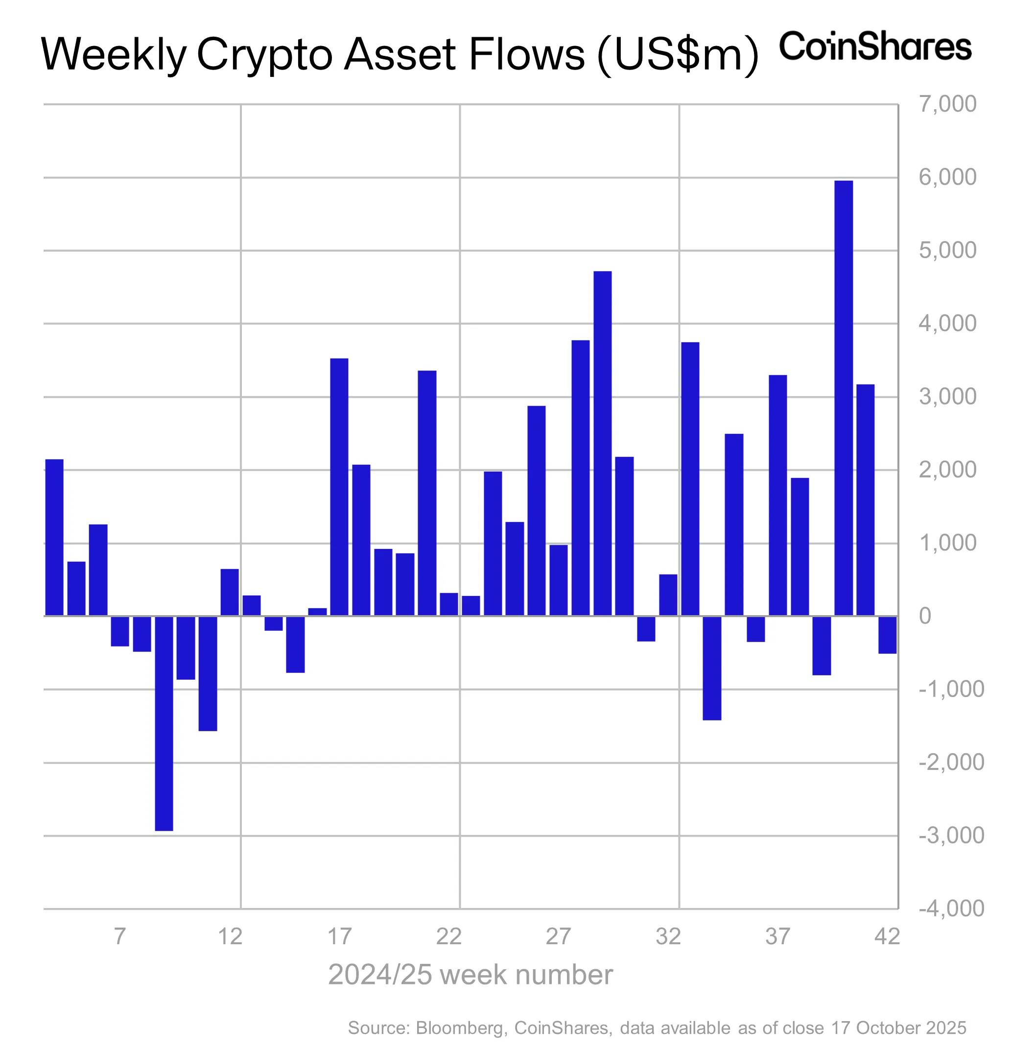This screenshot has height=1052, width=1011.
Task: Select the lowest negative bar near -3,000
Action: click(x=164, y=723)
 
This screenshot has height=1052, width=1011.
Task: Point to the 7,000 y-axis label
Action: click(x=948, y=104)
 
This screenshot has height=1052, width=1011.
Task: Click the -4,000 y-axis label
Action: click(x=951, y=908)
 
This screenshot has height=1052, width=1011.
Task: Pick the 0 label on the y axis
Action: click(x=925, y=616)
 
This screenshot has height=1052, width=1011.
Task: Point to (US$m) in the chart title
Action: click(x=677, y=55)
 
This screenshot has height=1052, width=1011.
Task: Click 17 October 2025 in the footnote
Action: click(x=898, y=1028)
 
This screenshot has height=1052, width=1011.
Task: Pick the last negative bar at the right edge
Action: click(x=887, y=634)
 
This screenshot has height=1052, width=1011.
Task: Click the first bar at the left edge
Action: click(x=54, y=537)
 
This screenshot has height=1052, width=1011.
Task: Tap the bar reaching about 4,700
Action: click(x=602, y=443)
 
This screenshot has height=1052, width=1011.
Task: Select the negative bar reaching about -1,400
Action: click(x=711, y=668)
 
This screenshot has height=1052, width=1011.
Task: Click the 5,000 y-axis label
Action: click(x=948, y=250)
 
